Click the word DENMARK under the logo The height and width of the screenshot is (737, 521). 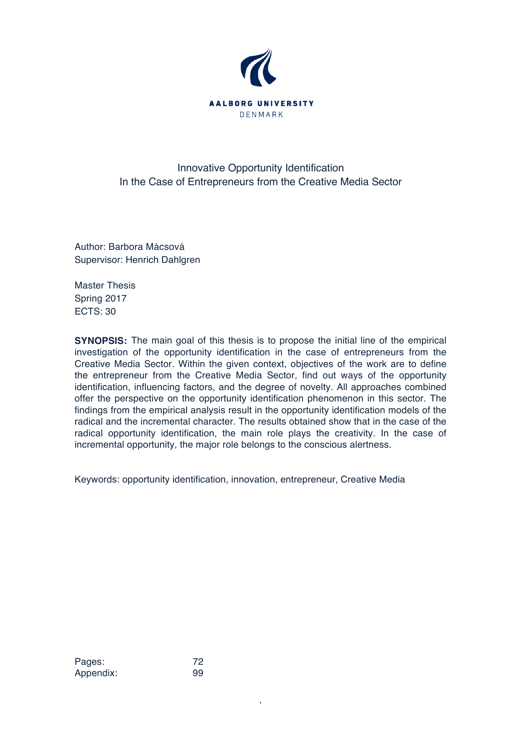[261, 115]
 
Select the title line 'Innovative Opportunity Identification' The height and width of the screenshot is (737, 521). [260, 168]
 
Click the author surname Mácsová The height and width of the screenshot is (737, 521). [164, 247]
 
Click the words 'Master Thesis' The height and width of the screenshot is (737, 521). [105, 286]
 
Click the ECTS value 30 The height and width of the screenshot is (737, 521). [111, 312]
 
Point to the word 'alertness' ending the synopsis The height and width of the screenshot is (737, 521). [370, 445]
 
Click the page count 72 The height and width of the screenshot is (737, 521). [198, 662]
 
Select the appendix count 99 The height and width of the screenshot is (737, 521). [198, 673]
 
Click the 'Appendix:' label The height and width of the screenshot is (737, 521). [96, 673]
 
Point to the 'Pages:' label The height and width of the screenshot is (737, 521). [89, 662]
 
